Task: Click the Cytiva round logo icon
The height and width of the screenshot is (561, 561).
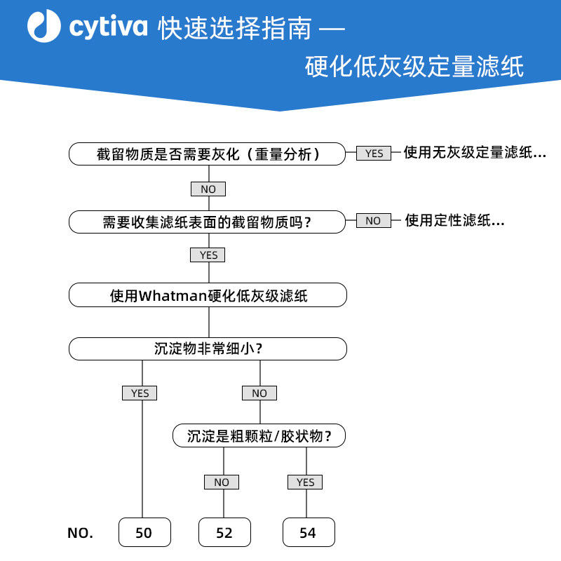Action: (x=44, y=26)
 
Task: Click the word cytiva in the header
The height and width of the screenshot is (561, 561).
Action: (x=108, y=27)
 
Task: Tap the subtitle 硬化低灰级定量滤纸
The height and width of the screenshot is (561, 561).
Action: (x=414, y=66)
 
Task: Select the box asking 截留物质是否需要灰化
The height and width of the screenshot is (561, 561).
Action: (x=207, y=154)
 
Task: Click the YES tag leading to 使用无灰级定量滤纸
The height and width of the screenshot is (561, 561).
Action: (x=374, y=153)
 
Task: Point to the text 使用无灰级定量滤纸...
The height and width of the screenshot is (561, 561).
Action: (x=475, y=152)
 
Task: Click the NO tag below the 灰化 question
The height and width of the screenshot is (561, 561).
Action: (x=208, y=189)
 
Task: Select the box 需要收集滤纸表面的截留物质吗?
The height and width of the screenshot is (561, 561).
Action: (x=207, y=222)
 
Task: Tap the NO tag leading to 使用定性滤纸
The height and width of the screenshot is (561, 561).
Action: (x=374, y=220)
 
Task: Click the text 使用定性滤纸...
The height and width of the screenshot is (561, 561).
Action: (x=454, y=220)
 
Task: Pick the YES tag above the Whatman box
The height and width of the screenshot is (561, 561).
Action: (x=208, y=255)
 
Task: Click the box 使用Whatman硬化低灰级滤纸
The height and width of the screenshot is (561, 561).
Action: (x=208, y=295)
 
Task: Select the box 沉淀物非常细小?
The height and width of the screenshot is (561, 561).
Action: (x=208, y=349)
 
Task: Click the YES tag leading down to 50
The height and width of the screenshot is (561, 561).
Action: (x=140, y=393)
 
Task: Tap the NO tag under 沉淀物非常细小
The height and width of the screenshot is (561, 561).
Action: (x=259, y=393)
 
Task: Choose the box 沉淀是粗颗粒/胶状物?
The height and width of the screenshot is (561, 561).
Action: (x=259, y=435)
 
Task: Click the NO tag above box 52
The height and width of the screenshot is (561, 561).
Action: (x=222, y=482)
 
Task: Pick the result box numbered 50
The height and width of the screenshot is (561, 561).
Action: (x=144, y=532)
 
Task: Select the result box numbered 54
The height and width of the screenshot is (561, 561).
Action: (x=309, y=532)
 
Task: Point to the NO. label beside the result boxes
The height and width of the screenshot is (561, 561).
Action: (x=80, y=533)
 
